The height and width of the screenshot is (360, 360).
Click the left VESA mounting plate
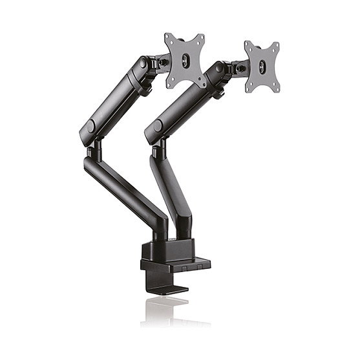(x=185, y=60)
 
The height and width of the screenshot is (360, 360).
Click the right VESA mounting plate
(x=262, y=67)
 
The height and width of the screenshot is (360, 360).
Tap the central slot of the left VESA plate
(x=185, y=60)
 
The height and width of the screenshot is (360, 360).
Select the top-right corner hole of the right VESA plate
(x=276, y=47)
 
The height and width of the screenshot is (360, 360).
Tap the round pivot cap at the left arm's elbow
(x=90, y=126)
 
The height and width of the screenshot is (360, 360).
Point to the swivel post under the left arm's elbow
(x=94, y=150)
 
